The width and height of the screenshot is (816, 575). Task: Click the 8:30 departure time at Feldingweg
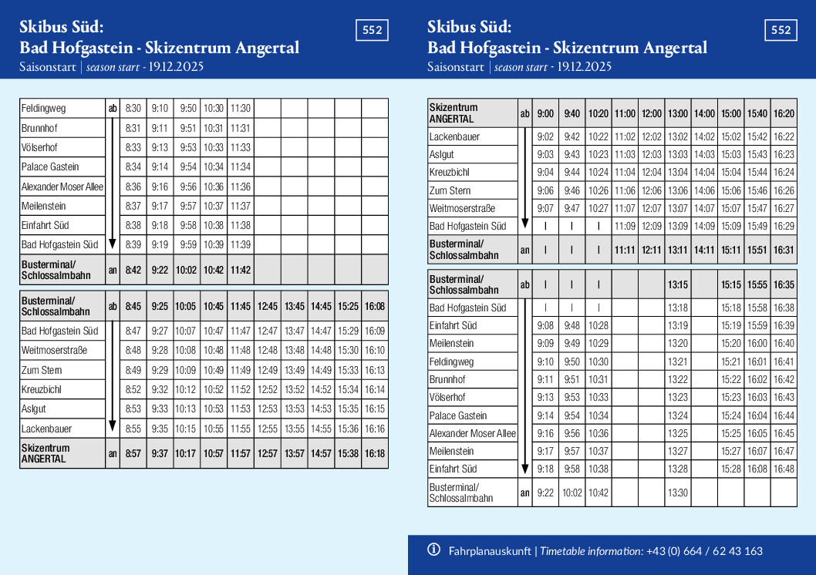[133, 109]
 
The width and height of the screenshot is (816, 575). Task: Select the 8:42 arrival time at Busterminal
[133, 270]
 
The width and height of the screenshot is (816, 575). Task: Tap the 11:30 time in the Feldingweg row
[241, 109]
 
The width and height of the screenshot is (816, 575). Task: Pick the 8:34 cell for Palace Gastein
[133, 166]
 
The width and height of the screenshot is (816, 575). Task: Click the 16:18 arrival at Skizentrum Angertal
[375, 453]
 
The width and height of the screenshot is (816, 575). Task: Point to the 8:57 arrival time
[133, 453]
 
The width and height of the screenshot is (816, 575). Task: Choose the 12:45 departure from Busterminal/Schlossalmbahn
[268, 306]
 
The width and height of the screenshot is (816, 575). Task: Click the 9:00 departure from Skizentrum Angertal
[545, 113]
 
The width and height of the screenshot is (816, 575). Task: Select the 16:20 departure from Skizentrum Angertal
[784, 113]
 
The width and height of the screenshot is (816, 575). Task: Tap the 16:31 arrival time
[784, 250]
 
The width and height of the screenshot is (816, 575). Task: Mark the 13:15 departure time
[678, 284]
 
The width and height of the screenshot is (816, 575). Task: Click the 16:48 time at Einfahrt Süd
[784, 469]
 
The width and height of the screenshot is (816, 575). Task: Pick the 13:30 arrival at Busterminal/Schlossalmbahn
[678, 493]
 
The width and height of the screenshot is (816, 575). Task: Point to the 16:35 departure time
[784, 284]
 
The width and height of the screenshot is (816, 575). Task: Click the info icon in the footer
[434, 550]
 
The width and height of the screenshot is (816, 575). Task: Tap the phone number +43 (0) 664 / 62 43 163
[704, 551]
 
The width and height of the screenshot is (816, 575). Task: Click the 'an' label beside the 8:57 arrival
[113, 453]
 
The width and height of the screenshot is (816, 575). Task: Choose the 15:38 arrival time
[348, 453]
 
